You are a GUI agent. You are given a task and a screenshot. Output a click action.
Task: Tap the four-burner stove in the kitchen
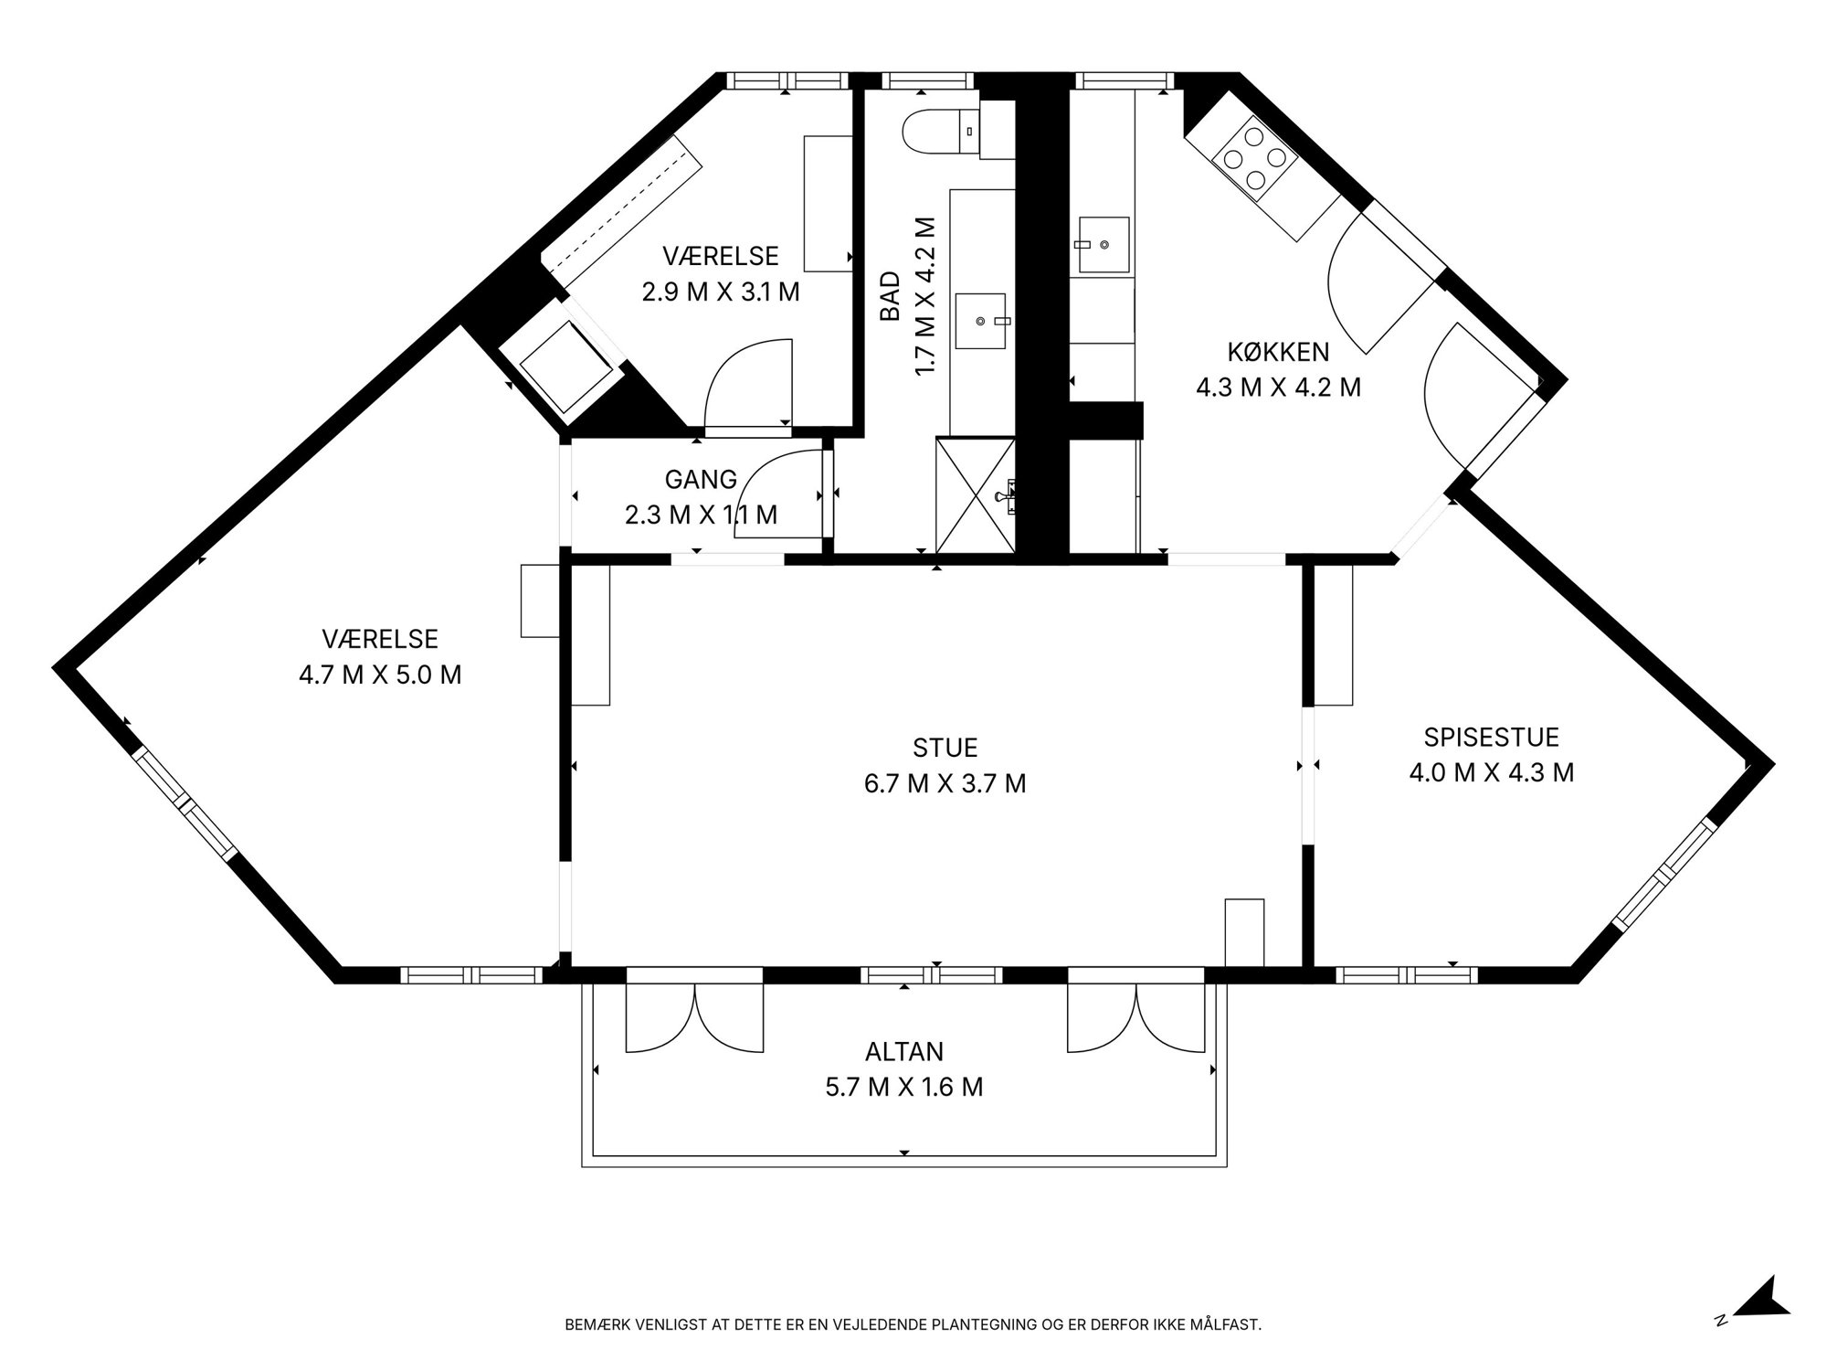point(1254,161)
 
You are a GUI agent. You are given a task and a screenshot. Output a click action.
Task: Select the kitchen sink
point(1103,245)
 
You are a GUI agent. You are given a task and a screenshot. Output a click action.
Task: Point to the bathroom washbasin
point(980,321)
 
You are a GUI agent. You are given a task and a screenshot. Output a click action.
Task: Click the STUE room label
point(945,748)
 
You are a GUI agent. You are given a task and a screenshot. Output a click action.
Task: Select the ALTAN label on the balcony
point(904,1051)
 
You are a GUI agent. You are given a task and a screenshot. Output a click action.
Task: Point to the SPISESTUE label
point(1491,737)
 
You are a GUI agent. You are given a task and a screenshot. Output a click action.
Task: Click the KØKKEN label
point(1278,351)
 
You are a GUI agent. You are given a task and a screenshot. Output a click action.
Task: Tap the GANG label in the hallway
point(701,479)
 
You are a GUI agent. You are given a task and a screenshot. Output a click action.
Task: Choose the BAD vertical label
point(890,296)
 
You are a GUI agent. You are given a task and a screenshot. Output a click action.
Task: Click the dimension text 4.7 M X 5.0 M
point(380,675)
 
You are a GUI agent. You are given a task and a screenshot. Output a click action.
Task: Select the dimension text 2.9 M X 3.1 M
point(721,292)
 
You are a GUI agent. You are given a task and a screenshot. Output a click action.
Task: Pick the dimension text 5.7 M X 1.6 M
point(904,1087)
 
